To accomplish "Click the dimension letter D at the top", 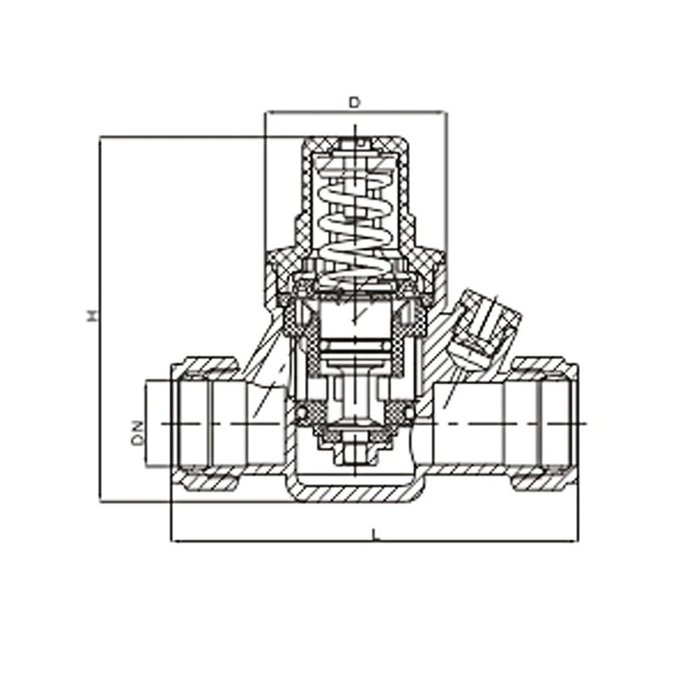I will click(354, 103).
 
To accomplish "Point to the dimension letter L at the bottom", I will click(375, 535).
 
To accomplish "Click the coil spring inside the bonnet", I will click(356, 225).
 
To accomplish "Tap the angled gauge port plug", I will click(486, 329).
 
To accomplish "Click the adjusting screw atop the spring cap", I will click(357, 144).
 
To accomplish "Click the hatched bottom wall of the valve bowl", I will click(356, 493).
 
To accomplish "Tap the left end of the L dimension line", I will click(172, 540).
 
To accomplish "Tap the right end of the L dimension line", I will click(578, 540).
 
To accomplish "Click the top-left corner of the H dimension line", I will click(101, 137).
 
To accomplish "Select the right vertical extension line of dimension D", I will click(447, 203).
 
